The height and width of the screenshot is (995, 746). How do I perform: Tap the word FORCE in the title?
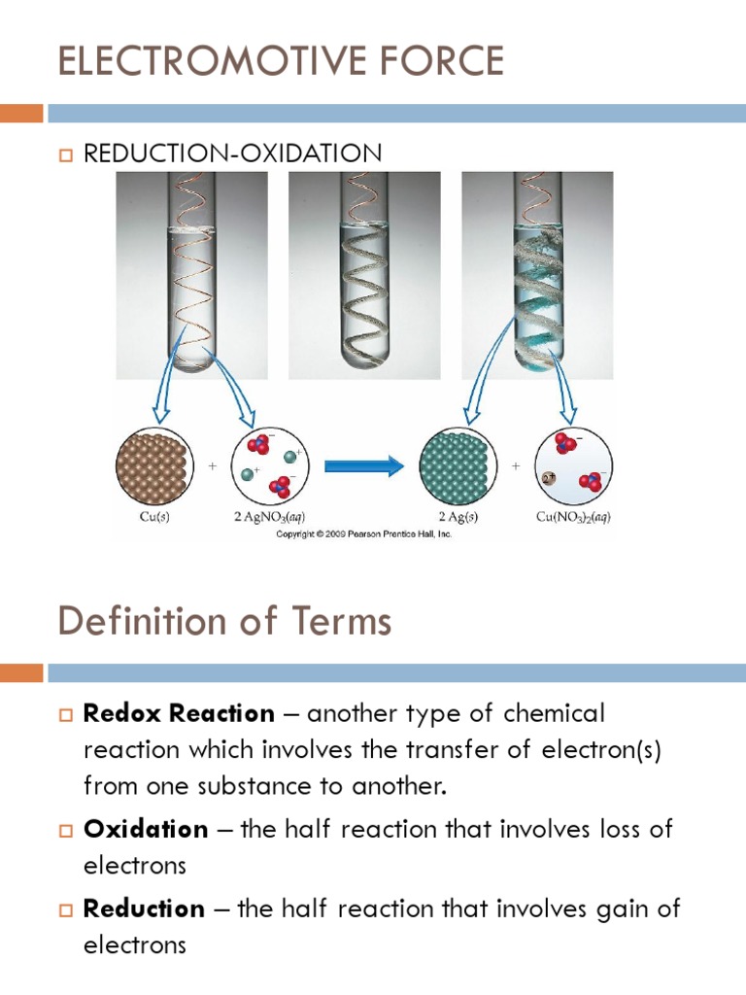click(442, 61)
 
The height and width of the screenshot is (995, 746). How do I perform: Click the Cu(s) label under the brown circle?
click(153, 517)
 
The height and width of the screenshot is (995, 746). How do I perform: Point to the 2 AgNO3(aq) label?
click(271, 517)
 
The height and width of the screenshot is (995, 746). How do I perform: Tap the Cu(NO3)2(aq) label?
click(573, 517)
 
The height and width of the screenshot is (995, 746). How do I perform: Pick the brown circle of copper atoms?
click(153, 465)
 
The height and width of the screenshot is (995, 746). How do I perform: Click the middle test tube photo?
click(364, 274)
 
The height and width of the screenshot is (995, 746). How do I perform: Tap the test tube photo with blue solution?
click(537, 274)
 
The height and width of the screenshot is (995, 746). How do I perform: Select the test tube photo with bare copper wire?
click(191, 274)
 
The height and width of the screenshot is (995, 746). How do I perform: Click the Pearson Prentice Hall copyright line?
click(364, 534)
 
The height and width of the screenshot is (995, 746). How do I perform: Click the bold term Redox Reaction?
click(180, 714)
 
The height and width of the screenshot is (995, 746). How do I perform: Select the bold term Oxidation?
click(147, 830)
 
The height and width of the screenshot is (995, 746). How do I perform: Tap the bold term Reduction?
click(145, 909)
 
